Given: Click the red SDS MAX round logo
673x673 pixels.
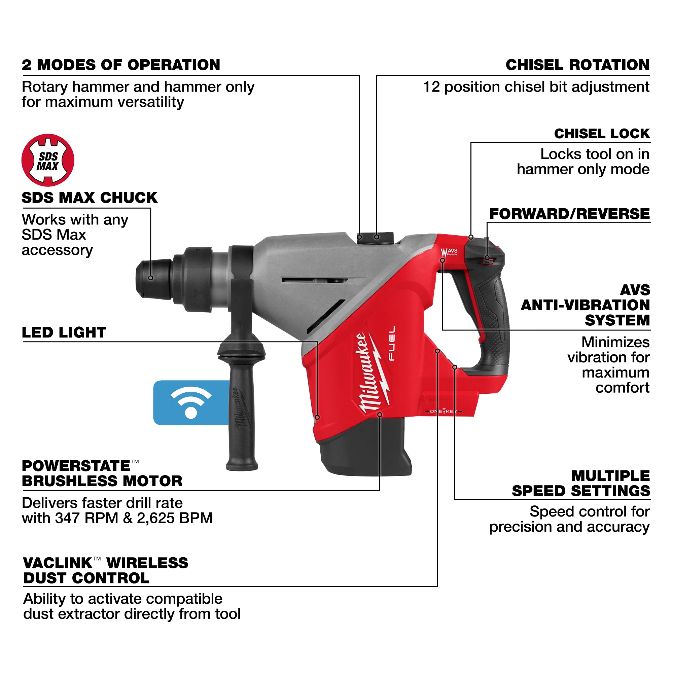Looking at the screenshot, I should [48, 160].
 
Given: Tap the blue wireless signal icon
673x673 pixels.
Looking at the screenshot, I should [191, 402].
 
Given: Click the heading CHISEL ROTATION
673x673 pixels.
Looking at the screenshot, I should [577, 65].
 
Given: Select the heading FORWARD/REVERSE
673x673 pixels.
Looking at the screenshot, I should [569, 214].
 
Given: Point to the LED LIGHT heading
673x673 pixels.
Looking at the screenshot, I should [64, 332].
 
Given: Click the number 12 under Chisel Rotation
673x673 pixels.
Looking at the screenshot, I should [431, 87].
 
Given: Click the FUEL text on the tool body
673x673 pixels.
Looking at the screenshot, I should [392, 343].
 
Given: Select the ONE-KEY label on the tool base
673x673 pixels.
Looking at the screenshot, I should [444, 412].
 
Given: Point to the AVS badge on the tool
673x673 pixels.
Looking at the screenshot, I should [449, 251].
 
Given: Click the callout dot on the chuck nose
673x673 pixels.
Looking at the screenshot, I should [151, 278].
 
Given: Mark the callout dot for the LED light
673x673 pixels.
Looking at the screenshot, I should [317, 417].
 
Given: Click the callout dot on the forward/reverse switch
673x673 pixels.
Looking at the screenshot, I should [487, 258].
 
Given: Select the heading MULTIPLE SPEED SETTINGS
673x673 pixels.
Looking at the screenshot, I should [581, 484].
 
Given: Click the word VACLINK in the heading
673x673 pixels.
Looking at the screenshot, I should [58, 563].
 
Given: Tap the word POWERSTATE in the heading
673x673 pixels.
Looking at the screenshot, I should [76, 466].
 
